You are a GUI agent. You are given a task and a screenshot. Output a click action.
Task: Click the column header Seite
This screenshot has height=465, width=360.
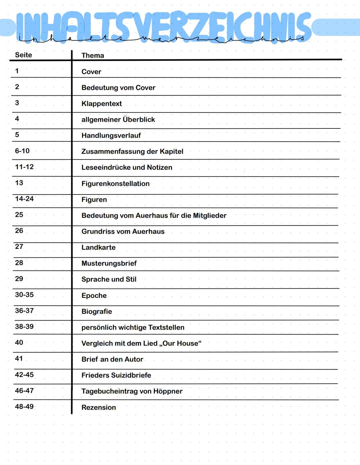(x=23, y=55)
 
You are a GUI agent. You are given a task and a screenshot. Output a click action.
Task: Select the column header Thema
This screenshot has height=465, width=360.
(x=93, y=56)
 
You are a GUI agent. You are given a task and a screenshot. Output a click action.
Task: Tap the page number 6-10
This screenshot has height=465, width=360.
(x=22, y=151)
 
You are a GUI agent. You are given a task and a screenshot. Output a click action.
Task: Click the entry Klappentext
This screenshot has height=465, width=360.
(x=102, y=104)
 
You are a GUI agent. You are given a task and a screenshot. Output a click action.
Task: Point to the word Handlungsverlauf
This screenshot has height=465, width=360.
(x=111, y=136)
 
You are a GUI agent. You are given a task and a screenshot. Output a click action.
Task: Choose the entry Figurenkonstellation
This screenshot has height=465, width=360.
(x=115, y=184)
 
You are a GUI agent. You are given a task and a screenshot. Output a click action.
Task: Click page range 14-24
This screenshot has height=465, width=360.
(x=24, y=199)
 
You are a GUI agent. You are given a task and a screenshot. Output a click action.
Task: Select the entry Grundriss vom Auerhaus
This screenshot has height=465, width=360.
(x=123, y=231)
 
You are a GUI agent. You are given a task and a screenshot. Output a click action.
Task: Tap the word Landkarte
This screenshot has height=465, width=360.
(x=98, y=248)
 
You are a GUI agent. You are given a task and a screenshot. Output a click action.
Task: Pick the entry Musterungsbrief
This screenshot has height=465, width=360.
(x=109, y=264)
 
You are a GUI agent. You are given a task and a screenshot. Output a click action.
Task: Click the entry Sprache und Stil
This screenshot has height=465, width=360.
(x=109, y=280)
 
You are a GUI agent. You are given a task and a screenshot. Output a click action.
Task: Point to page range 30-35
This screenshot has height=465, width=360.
(x=24, y=295)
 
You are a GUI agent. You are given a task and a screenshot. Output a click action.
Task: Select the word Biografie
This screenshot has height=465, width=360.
(x=97, y=312)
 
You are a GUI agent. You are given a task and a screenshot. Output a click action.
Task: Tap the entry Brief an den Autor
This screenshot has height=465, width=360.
(x=112, y=360)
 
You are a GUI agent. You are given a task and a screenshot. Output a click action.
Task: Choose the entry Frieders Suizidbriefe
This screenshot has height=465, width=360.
(x=116, y=375)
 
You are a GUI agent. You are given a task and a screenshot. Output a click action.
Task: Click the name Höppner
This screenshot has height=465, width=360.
(x=168, y=391)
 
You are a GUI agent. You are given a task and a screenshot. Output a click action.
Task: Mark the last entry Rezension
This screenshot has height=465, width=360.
(x=99, y=408)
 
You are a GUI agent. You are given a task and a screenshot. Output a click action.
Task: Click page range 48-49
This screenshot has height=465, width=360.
(x=24, y=407)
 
